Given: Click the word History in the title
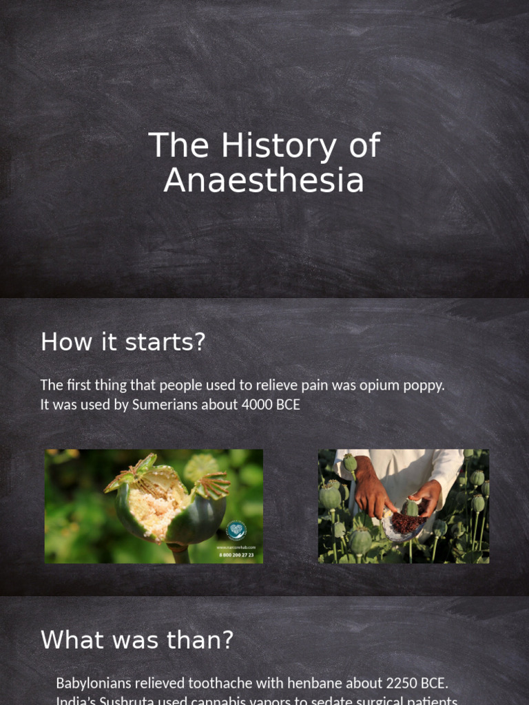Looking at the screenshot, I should click(x=269, y=146).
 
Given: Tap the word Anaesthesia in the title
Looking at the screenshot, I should click(x=264, y=180).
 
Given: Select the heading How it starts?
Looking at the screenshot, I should click(x=123, y=341).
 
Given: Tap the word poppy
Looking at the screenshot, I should click(x=424, y=386).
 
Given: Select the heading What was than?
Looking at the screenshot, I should click(x=137, y=640).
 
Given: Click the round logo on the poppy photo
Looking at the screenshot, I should click(x=236, y=530).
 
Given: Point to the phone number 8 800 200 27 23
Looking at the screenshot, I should click(x=236, y=554).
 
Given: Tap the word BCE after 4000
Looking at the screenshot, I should click(x=289, y=405).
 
